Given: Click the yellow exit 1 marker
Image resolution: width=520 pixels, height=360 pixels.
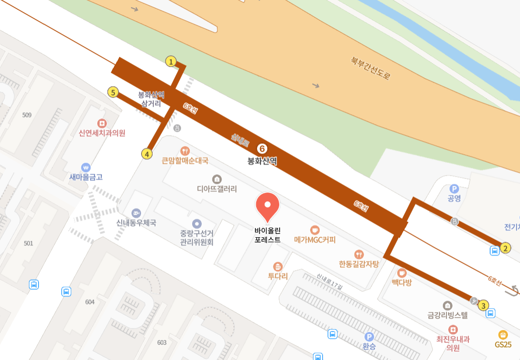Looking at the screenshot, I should (x=170, y=62).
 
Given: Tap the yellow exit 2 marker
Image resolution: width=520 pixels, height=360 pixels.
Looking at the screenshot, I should (x=505, y=248).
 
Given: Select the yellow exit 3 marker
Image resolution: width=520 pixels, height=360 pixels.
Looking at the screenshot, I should (x=483, y=305).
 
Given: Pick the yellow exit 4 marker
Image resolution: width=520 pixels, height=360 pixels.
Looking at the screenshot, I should (x=147, y=154).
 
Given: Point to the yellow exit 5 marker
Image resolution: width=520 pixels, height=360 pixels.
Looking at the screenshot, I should (x=113, y=92).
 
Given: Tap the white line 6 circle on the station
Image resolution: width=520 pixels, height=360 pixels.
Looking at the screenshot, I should (x=262, y=149).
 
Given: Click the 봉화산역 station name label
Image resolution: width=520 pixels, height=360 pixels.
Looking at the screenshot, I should (x=262, y=161).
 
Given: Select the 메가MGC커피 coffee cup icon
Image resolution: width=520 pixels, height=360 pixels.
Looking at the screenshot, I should (x=314, y=230).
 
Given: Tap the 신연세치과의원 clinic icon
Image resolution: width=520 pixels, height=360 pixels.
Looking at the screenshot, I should (x=102, y=123).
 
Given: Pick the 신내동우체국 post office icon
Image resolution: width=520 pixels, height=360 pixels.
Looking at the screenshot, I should (x=136, y=213).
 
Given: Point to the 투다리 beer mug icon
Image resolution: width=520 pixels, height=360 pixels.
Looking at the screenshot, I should (x=277, y=266).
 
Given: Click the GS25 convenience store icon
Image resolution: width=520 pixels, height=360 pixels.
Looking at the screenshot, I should (x=503, y=334).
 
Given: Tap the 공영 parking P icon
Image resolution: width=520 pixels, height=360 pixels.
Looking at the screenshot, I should (x=454, y=189).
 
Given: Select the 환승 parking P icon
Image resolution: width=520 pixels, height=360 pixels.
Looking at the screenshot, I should (x=369, y=337).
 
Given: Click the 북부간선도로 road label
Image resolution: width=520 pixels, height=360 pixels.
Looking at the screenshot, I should (x=371, y=68).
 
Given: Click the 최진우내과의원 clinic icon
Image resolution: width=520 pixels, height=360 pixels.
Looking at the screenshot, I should (x=453, y=330).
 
